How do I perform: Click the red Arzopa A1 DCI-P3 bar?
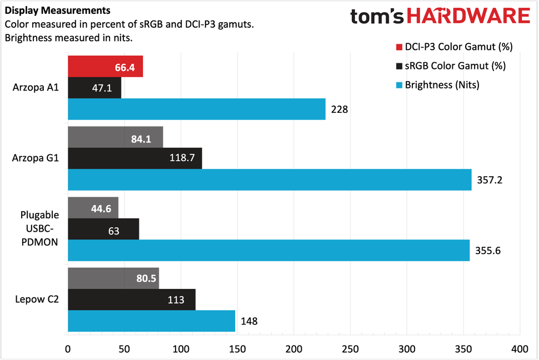tap(105, 67)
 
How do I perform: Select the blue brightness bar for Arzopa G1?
tap(269, 179)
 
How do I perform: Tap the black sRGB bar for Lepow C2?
tap(131, 299)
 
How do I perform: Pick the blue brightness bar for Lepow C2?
tap(151, 321)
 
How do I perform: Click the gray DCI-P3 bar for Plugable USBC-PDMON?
tap(93, 207)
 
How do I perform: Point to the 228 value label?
tap(339, 109)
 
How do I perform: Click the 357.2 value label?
tap(490, 180)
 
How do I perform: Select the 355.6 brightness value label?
tap(488, 250)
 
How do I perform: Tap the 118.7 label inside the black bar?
tap(181, 158)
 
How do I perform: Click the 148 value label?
tap(249, 321)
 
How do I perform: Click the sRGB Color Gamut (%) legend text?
tap(455, 66)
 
